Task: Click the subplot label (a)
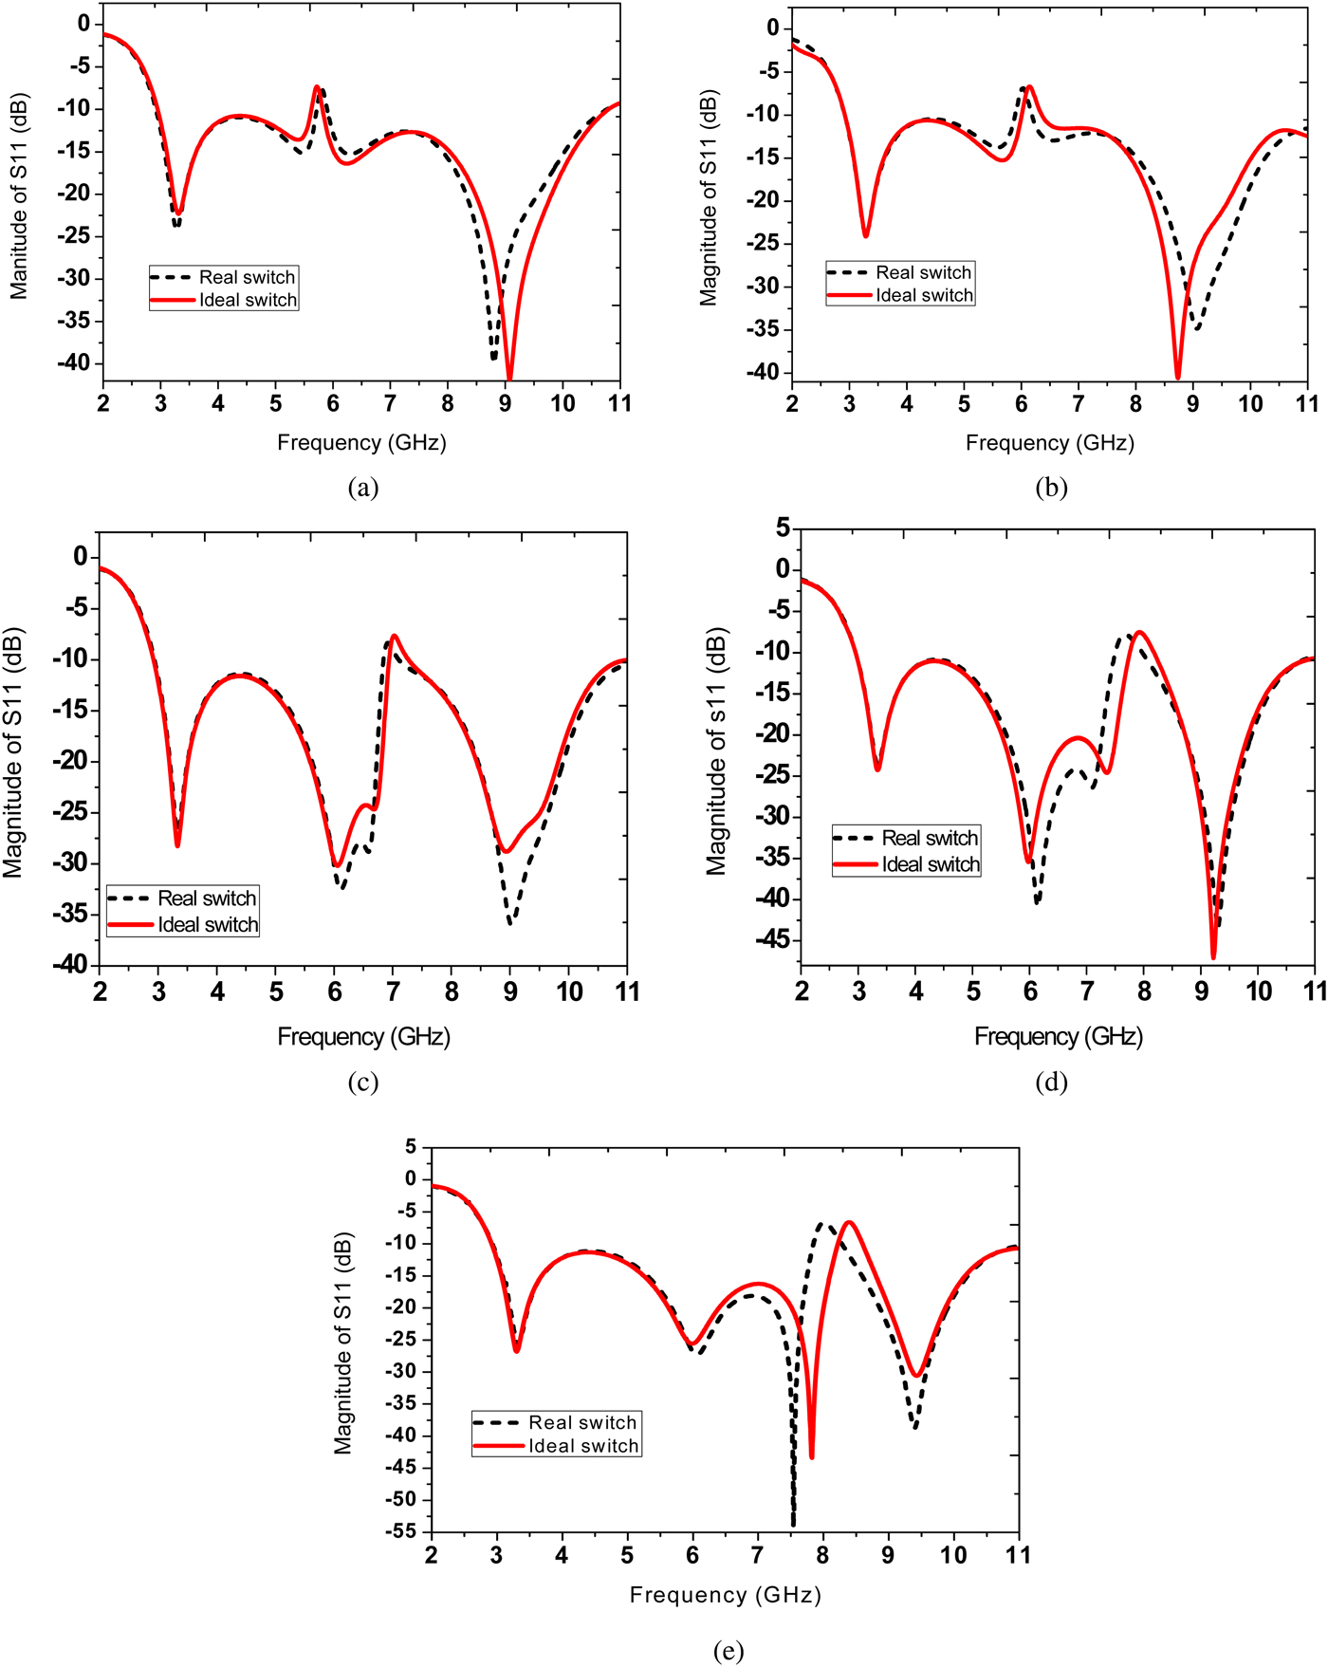[x=363, y=488]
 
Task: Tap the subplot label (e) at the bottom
[x=728, y=1651]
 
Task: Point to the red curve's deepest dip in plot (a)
[x=509, y=379]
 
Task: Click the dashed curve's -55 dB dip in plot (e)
[x=793, y=1524]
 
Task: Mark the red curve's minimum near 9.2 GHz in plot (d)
[x=1213, y=956]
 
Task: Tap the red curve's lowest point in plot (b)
[x=1178, y=378]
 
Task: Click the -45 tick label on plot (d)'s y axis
[x=773, y=940]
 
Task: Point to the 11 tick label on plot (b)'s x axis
[x=1307, y=404]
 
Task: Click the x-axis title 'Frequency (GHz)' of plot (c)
[x=363, y=1036]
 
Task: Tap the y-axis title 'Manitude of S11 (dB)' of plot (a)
[x=19, y=196]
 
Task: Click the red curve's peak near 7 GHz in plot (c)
[x=395, y=637]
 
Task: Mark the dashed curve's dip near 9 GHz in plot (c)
[x=510, y=921]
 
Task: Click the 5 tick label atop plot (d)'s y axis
[x=783, y=528]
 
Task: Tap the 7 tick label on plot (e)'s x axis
[x=757, y=1555]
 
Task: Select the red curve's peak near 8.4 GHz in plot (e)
[x=849, y=1223]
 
